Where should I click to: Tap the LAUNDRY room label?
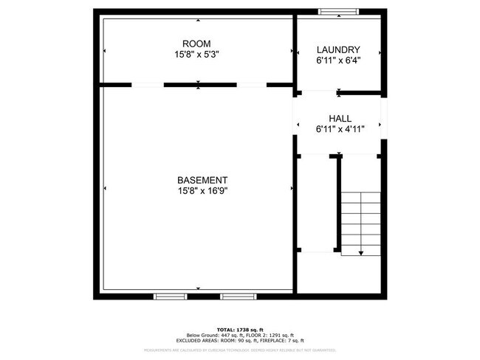337,49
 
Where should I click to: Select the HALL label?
340,118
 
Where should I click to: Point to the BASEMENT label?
202,180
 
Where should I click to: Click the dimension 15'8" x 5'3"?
196,55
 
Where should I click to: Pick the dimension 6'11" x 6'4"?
337,60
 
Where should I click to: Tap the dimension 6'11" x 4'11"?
340,129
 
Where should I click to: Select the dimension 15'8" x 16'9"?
202,191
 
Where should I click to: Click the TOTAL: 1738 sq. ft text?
240,329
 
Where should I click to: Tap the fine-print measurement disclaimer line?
240,350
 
